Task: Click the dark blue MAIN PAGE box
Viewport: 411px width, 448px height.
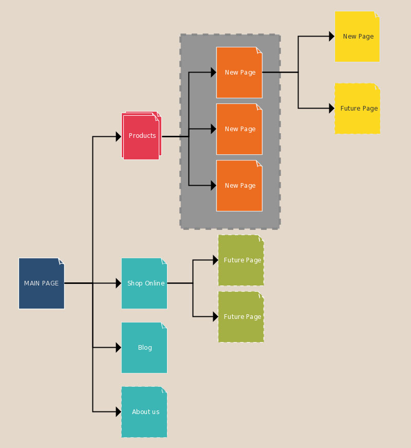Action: (x=41, y=283)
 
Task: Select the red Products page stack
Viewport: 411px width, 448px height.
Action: (x=141, y=136)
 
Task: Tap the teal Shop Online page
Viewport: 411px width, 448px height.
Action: (x=144, y=283)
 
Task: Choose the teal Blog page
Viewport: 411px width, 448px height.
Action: (x=144, y=348)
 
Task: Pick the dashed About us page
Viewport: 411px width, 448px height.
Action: (x=144, y=412)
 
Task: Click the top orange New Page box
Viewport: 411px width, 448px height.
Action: (x=239, y=73)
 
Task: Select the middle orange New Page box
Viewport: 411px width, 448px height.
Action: (x=239, y=129)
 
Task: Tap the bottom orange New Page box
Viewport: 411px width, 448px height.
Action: (x=239, y=186)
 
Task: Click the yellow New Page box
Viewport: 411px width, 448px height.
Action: (x=357, y=37)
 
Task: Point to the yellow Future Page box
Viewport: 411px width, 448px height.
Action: (x=357, y=109)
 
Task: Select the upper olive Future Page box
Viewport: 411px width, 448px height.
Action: (x=241, y=260)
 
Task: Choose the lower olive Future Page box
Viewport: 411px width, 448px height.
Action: (x=241, y=317)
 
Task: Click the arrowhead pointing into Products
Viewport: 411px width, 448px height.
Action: (x=119, y=136)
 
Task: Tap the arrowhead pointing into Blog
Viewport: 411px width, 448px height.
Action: (x=119, y=348)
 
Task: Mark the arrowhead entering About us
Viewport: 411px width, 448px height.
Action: (x=119, y=412)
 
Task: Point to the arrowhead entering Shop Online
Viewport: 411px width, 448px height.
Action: (x=119, y=283)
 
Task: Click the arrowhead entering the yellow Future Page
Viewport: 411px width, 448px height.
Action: (x=332, y=109)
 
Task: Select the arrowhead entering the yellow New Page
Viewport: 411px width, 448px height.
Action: (x=332, y=37)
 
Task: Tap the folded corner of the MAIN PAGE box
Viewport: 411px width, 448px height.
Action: (x=62, y=261)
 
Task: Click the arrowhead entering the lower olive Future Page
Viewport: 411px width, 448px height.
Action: (x=216, y=317)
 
